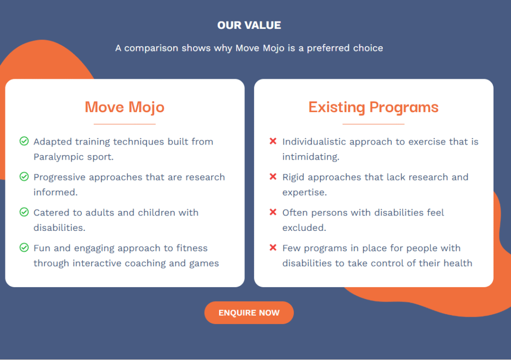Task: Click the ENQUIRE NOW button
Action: [249, 313]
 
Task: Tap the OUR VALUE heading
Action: [249, 25]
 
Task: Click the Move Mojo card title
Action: [124, 107]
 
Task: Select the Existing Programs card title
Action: [373, 107]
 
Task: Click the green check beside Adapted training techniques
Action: [24, 141]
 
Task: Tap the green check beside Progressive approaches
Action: [24, 177]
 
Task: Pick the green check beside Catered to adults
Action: [24, 212]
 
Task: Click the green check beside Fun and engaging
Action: [24, 247]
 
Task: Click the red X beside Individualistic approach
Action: [273, 141]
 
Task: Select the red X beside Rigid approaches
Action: [273, 177]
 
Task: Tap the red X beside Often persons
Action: [273, 212]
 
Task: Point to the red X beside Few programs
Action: [273, 247]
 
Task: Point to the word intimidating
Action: [310, 157]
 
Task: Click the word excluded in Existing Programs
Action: [304, 227]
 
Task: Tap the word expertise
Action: [304, 192]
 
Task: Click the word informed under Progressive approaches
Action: [55, 192]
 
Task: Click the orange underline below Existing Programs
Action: [373, 124]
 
